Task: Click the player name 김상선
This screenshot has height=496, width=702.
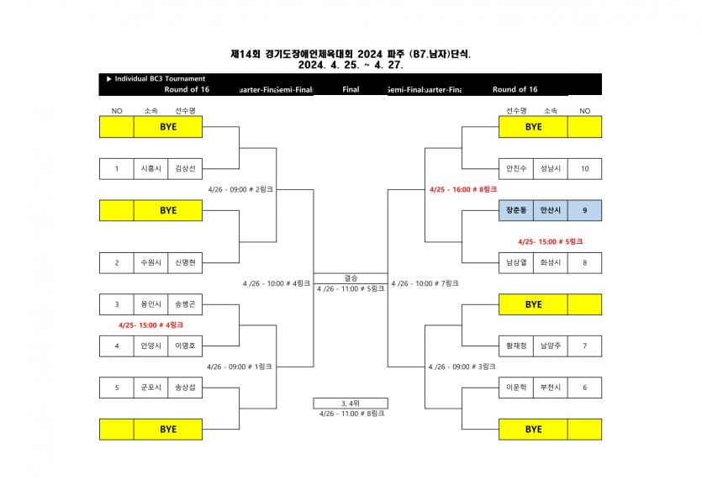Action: point(184,169)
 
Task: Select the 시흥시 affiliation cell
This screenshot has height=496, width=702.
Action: point(150,169)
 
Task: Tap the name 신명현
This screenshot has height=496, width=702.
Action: point(184,262)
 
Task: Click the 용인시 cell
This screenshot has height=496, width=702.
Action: point(150,303)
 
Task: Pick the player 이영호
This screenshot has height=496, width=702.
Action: point(184,346)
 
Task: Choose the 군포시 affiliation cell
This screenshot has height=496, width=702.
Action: point(150,388)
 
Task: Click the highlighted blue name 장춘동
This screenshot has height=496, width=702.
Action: point(515,210)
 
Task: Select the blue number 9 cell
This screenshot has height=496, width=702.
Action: point(584,210)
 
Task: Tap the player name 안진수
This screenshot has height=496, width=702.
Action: point(515,169)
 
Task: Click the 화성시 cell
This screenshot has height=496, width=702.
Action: point(550,262)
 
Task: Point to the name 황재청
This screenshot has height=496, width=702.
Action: point(515,346)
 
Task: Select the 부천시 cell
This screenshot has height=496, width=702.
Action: point(550,388)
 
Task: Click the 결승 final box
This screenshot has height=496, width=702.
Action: point(351,278)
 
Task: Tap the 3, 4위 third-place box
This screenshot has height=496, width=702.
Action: point(351,403)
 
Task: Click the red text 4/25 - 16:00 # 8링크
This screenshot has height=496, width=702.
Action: point(463,190)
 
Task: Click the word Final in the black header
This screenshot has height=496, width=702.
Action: point(351,89)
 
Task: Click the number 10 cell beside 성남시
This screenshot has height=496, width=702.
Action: point(584,169)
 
